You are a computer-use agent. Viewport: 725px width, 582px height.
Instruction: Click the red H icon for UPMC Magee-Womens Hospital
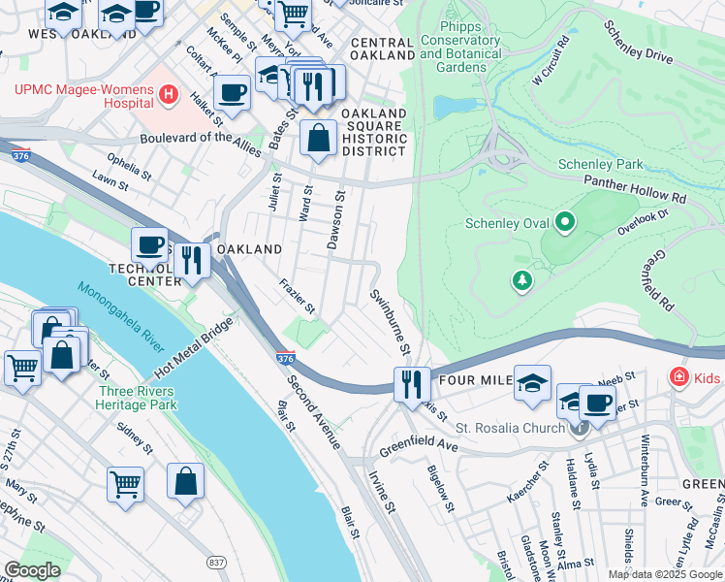170,94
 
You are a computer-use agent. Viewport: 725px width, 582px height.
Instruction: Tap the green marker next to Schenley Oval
565,223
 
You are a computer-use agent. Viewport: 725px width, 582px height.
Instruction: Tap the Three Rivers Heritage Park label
136,399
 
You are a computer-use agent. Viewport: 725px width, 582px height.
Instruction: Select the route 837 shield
218,562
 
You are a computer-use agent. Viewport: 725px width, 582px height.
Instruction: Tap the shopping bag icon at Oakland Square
318,139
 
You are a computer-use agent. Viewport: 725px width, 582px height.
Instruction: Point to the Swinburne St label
392,320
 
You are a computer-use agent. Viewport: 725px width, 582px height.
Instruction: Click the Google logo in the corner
33,570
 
